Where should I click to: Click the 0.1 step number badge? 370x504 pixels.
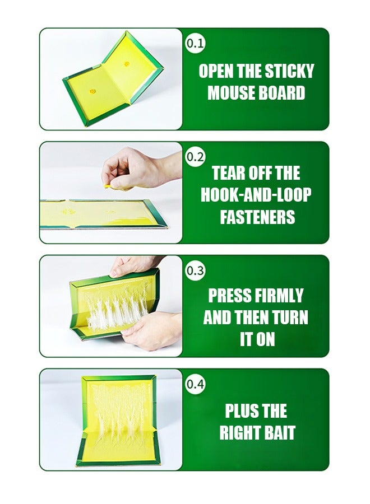(x=195, y=43)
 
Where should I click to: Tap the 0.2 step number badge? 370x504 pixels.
(x=195, y=157)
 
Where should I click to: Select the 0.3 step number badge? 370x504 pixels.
(x=195, y=270)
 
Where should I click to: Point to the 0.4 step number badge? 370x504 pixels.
(x=195, y=384)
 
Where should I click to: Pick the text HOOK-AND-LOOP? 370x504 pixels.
(x=256, y=195)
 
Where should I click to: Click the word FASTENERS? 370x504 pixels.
(x=257, y=217)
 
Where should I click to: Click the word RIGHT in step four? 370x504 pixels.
(x=238, y=433)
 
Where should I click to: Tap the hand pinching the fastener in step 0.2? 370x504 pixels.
(x=140, y=169)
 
